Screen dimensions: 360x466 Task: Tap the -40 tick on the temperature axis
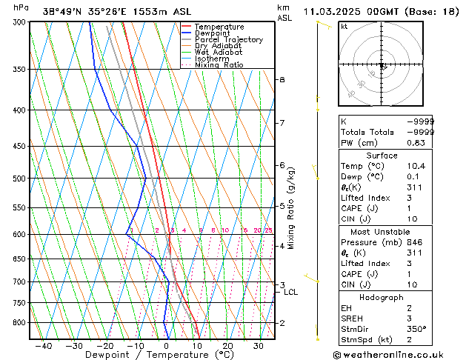point(44,345)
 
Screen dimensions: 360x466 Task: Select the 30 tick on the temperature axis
point(259,345)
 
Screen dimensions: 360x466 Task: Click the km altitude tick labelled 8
point(282,79)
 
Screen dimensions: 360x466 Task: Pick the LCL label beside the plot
point(291,293)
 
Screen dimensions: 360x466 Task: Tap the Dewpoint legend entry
point(213,33)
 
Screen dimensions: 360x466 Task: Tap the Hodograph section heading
point(382,297)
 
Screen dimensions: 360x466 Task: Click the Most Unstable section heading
point(382,232)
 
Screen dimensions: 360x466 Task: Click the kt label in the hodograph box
point(344,27)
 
